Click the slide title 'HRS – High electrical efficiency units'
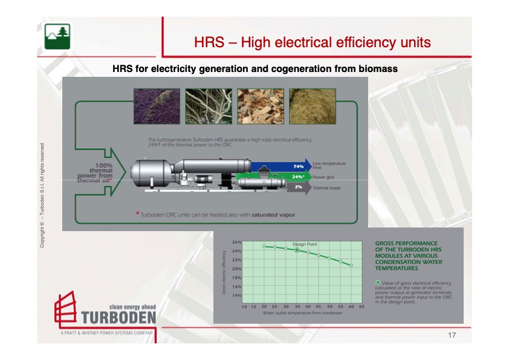(313, 42)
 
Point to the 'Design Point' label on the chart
(305, 244)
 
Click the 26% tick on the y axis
(236, 243)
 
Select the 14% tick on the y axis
(236, 295)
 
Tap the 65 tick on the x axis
(361, 306)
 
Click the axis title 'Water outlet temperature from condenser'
(302, 313)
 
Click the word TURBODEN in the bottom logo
(118, 318)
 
